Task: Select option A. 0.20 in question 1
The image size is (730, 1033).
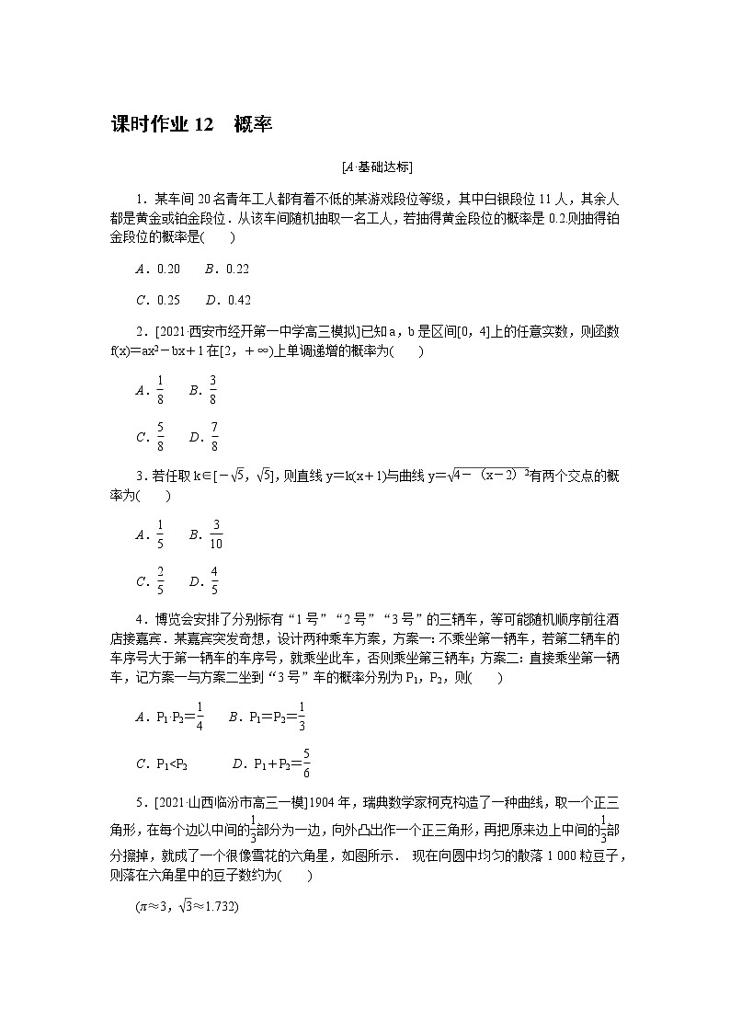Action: [158, 269]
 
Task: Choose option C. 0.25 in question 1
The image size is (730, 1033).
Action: [158, 300]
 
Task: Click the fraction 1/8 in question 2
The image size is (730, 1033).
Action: [160, 390]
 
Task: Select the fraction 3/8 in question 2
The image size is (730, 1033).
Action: [213, 390]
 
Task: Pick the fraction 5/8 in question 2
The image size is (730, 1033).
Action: [160, 437]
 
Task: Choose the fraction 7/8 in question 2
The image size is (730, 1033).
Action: [213, 437]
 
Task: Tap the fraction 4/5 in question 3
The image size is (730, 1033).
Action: [213, 581]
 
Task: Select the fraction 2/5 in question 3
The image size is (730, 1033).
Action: [160, 581]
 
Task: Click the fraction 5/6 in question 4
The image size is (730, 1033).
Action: [305, 763]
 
